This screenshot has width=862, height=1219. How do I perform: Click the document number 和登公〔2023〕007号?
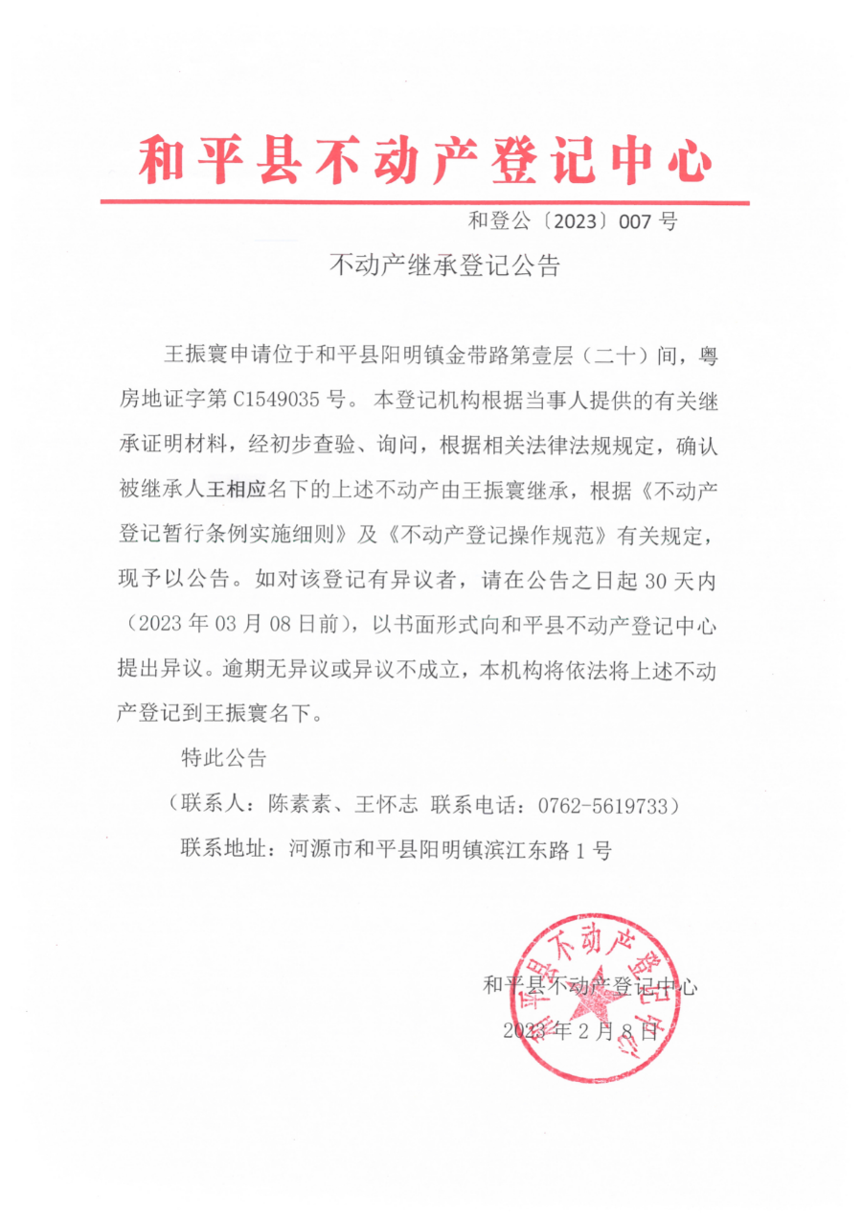(573, 222)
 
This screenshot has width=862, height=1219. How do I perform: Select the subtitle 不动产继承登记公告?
(443, 264)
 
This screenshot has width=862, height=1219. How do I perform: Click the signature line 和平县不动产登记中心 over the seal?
(591, 984)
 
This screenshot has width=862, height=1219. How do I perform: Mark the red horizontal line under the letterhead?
(425, 202)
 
